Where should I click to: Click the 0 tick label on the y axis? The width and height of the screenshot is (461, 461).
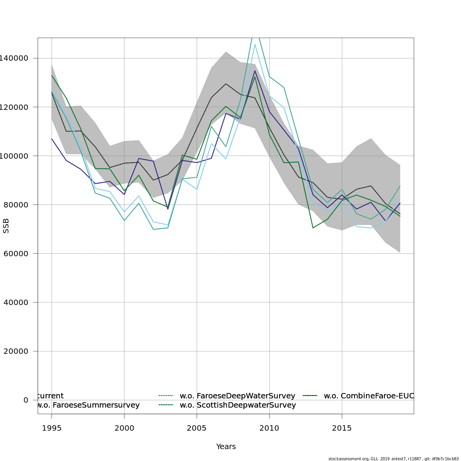pyautogui.click(x=26, y=400)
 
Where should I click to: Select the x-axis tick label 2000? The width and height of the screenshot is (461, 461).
pyautogui.click(x=124, y=428)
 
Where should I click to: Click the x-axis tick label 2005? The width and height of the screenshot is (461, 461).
pyautogui.click(x=197, y=428)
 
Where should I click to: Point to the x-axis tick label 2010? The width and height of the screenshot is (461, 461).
pyautogui.click(x=269, y=428)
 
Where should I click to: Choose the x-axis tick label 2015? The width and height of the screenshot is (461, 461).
pyautogui.click(x=342, y=428)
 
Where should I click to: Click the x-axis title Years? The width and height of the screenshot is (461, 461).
pyautogui.click(x=226, y=447)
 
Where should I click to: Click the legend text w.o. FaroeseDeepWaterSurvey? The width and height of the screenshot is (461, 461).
pyautogui.click(x=237, y=396)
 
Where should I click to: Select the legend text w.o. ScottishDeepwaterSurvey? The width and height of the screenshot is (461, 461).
pyautogui.click(x=238, y=405)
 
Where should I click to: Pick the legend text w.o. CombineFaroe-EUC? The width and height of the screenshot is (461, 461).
pyautogui.click(x=368, y=396)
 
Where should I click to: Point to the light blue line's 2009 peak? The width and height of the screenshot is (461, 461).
pyautogui.click(x=255, y=44)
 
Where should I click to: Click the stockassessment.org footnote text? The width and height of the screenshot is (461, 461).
pyautogui.click(x=393, y=459)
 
